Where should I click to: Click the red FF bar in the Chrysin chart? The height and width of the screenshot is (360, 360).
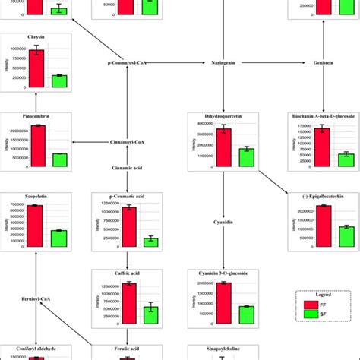point(36,69)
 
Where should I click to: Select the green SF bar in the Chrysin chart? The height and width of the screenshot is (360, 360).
point(59,81)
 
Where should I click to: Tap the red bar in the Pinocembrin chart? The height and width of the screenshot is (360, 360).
point(36,145)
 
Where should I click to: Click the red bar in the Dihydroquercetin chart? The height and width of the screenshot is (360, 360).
point(223,147)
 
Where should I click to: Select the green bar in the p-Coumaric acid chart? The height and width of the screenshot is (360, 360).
point(151,242)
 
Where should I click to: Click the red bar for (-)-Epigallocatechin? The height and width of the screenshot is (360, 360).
point(324,225)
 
